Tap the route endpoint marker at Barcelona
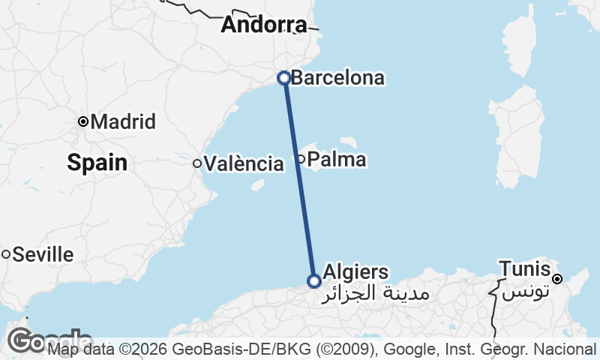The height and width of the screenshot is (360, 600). pos(284,77)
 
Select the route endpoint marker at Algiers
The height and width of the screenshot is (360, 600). pos(314,281)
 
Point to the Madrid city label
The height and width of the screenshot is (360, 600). pos(123,121)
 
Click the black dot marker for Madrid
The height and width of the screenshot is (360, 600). pos(83,121)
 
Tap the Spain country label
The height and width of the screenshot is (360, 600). pos(97,161)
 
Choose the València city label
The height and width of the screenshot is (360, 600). pos(244,163)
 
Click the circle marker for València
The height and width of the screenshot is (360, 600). pos(197,163)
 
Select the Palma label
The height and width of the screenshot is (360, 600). pos(337,159)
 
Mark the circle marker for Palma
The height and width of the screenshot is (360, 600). pos(301,158)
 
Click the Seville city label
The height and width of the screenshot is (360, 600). pos(43,254)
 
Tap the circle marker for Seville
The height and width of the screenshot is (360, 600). pos(6,254)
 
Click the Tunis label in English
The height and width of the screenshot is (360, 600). pos(525,268)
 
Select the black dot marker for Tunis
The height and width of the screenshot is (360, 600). pos(557,279)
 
